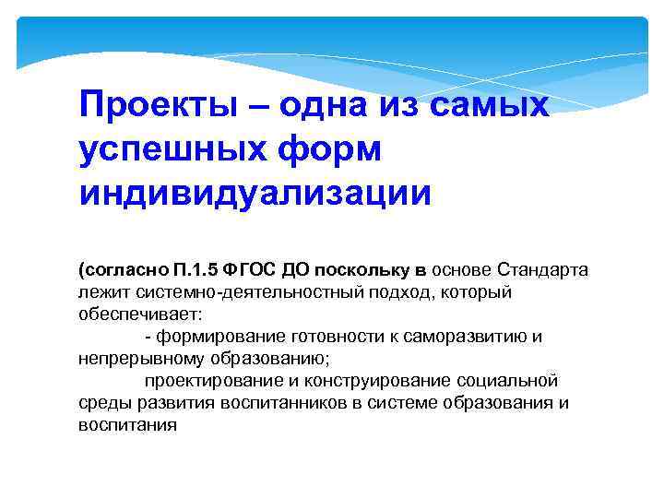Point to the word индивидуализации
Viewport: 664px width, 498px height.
tap(255, 193)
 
